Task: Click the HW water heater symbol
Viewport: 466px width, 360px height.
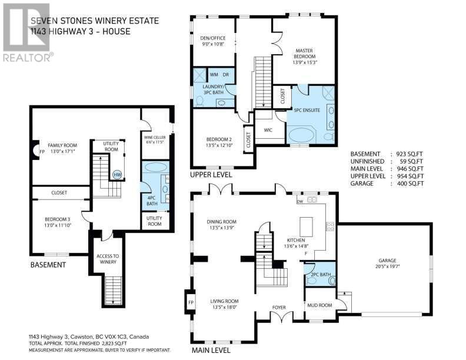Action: click(118, 175)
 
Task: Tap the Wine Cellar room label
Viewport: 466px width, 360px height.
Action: click(155, 139)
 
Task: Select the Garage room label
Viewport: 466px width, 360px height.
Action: click(387, 263)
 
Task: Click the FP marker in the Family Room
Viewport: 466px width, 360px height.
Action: click(42, 151)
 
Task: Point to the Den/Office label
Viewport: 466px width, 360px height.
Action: click(213, 41)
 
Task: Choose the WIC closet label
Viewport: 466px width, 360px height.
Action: click(268, 130)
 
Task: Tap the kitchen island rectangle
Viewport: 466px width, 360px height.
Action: click(306, 226)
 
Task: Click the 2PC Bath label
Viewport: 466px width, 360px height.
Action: click(321, 275)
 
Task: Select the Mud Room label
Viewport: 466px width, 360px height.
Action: click(319, 305)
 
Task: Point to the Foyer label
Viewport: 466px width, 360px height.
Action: click(279, 308)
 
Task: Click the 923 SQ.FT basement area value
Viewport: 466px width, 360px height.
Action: click(410, 154)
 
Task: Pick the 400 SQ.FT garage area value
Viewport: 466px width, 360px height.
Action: click(411, 184)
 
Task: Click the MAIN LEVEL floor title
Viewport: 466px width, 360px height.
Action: click(211, 350)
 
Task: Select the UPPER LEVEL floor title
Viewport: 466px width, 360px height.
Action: click(211, 175)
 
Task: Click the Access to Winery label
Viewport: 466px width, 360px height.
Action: click(108, 259)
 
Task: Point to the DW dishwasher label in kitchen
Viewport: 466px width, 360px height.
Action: click(300, 201)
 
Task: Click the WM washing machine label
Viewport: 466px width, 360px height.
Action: click(214, 75)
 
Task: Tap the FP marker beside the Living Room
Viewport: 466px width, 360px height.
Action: click(191, 302)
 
